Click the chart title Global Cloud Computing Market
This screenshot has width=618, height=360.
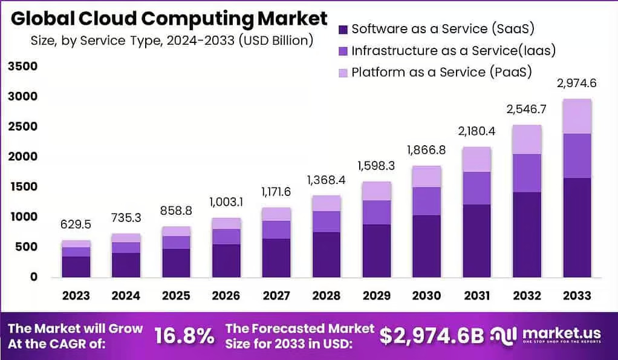tap(170, 19)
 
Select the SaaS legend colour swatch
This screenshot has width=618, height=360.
tap(343, 29)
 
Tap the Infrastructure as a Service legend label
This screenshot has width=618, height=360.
tap(453, 50)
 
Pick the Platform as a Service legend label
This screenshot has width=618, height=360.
tap(441, 72)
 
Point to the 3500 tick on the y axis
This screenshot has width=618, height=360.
tap(22, 66)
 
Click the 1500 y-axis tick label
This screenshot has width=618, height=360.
tap(22, 186)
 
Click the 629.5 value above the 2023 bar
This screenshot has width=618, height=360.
tap(76, 225)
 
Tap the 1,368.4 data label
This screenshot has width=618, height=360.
tap(326, 180)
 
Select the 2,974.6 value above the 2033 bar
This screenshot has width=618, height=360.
tap(576, 83)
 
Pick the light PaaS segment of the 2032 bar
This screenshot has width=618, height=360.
tap(527, 139)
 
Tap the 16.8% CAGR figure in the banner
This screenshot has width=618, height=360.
tap(184, 335)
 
